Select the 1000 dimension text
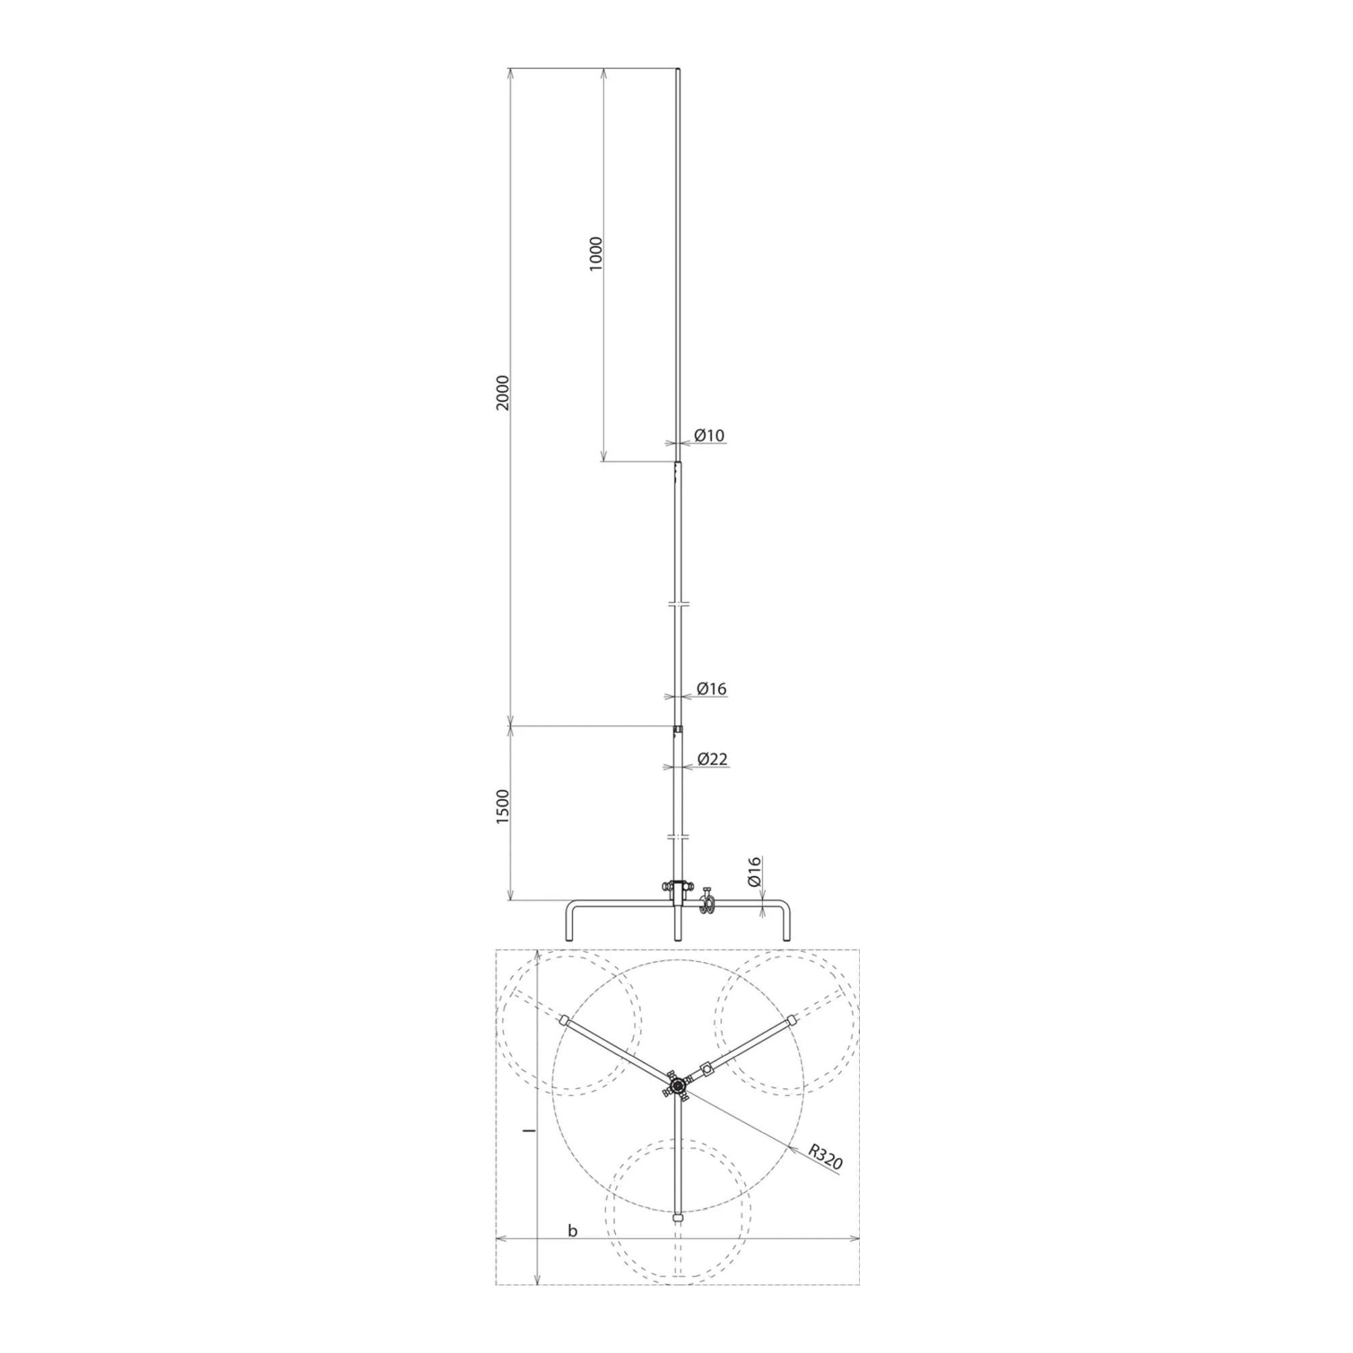(596, 254)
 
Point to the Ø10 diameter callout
(710, 435)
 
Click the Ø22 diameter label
(713, 758)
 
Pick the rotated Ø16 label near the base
(754, 872)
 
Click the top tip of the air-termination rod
(678, 68)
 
